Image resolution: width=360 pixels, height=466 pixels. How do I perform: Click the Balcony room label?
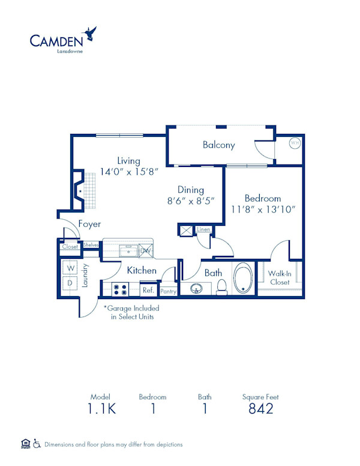[218, 145]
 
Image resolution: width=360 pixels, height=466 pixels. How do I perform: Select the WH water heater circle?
[295, 143]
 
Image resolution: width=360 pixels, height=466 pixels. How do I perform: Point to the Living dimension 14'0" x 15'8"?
[129, 171]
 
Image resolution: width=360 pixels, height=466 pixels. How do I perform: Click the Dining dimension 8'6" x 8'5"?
[190, 201]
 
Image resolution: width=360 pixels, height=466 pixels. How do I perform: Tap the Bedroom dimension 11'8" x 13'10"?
[263, 210]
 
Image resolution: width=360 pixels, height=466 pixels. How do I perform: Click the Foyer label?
[89, 224]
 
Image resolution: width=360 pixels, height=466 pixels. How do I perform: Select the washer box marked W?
[70, 267]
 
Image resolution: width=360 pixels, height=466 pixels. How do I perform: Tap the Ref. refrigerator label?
[148, 291]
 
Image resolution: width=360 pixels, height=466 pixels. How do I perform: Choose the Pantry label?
[169, 291]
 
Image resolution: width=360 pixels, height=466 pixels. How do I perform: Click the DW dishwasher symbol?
[146, 250]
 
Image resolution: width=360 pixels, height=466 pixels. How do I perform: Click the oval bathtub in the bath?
[242, 279]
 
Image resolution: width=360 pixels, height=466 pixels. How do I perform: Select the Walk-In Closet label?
[280, 277]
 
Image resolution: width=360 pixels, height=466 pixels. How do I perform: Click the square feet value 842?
[260, 409]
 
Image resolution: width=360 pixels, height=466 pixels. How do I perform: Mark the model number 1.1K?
[101, 409]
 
